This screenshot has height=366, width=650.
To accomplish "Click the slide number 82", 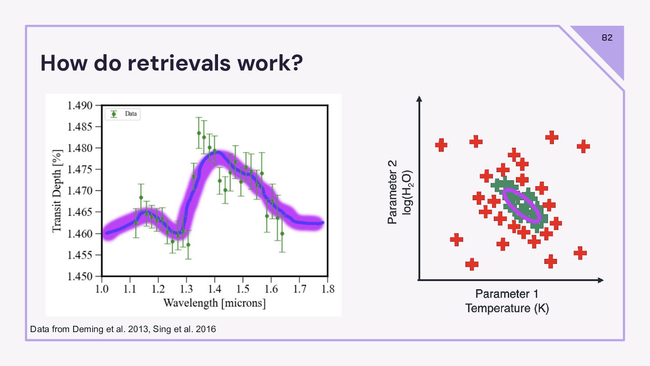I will [607, 38].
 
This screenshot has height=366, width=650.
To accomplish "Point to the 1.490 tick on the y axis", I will [80, 106].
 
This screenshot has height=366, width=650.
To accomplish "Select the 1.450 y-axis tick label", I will [80, 276].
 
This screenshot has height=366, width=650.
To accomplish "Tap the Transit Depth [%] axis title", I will [57, 191].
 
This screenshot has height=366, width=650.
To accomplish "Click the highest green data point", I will [199, 133].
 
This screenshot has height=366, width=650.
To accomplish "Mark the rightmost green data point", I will [282, 234].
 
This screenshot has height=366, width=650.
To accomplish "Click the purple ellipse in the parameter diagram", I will [521, 205].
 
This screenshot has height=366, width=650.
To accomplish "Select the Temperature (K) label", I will [507, 309].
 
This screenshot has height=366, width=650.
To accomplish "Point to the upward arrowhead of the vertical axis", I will [419, 99].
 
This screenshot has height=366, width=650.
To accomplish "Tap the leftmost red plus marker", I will [441, 145].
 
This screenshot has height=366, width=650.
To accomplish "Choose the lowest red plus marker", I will [472, 264].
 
